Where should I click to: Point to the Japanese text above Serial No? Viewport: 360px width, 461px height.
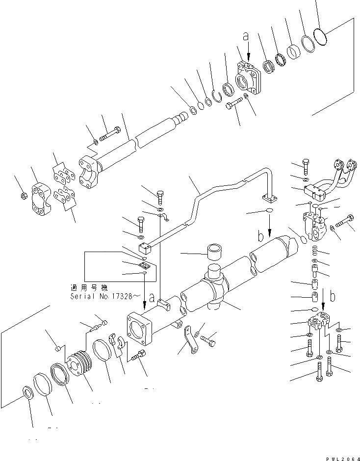pyautogui.click(x=88, y=288)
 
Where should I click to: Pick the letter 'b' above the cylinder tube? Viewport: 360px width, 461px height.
pyautogui.click(x=261, y=236)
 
